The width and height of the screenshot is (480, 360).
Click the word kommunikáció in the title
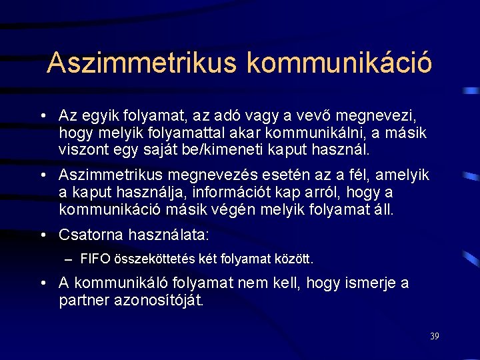click(339, 63)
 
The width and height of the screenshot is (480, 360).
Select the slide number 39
click(434, 336)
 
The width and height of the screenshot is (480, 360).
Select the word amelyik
click(400, 175)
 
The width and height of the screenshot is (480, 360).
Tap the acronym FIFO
click(94, 258)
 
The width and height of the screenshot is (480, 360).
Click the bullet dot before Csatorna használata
click(43, 235)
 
